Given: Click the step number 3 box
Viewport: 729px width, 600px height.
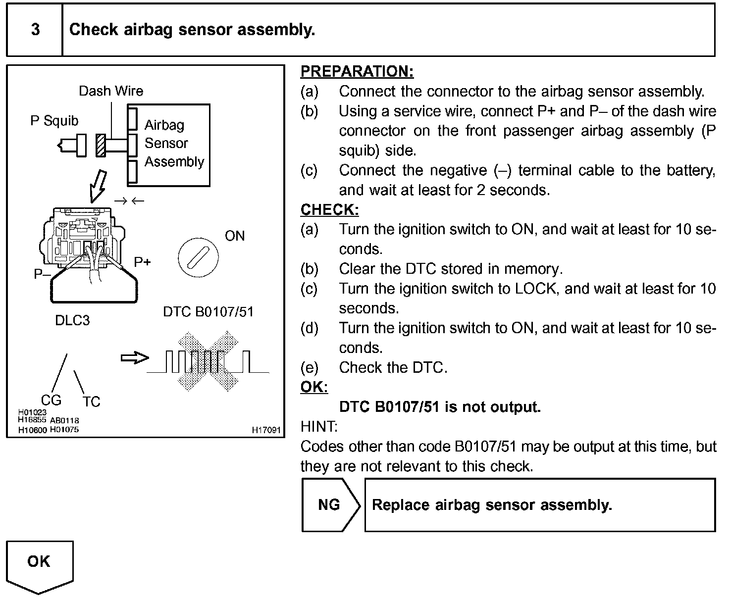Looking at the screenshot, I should point(35,30).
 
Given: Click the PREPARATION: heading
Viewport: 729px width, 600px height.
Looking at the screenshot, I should point(357,71).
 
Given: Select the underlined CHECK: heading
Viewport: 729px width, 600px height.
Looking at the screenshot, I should point(329,209).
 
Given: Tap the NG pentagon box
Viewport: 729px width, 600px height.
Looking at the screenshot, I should point(329,505).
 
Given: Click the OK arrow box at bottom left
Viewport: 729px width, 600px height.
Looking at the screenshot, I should point(39,564).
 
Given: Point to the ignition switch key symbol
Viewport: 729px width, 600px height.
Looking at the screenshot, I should point(198,257).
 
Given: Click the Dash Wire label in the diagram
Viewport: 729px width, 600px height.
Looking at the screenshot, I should point(111,91).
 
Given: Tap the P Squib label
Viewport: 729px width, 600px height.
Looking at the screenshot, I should point(54,121).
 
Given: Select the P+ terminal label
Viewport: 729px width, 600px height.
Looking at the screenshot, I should point(142,261).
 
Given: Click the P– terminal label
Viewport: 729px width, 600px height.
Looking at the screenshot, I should point(42,274).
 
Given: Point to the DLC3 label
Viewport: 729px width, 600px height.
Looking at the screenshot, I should point(72,320).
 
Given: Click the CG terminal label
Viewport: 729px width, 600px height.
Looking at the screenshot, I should point(51,400).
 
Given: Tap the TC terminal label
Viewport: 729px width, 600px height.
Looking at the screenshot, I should point(92,401).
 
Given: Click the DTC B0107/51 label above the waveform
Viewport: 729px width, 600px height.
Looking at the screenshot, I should point(208,312).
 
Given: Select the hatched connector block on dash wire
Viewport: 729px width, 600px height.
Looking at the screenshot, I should point(101,146).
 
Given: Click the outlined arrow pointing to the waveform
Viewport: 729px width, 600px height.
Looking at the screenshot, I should point(135,358).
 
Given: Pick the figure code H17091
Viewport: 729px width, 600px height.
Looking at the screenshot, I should point(266,430).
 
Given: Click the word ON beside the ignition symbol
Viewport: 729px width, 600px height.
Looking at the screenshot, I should point(235,236).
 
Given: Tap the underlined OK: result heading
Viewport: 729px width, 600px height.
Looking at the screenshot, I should point(314,387).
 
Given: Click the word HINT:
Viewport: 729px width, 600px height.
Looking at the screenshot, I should point(319,426).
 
